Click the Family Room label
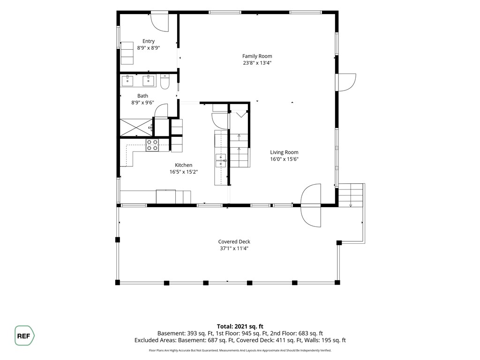tap(257, 56)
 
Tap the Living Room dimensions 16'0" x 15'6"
tap(284, 159)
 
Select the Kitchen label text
tap(183, 165)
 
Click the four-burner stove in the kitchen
tap(152, 145)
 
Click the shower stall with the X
tap(136, 127)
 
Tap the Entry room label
tap(149, 41)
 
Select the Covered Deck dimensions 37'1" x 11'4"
tap(234, 248)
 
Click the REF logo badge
tap(24, 336)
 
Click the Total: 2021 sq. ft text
tap(240, 326)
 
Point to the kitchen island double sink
tap(221, 161)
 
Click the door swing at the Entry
tap(159, 22)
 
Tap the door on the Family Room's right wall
tap(346, 82)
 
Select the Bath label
tap(142, 96)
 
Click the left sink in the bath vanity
tap(127, 81)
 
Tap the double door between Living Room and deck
tap(311, 205)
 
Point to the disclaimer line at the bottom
tap(240, 350)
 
